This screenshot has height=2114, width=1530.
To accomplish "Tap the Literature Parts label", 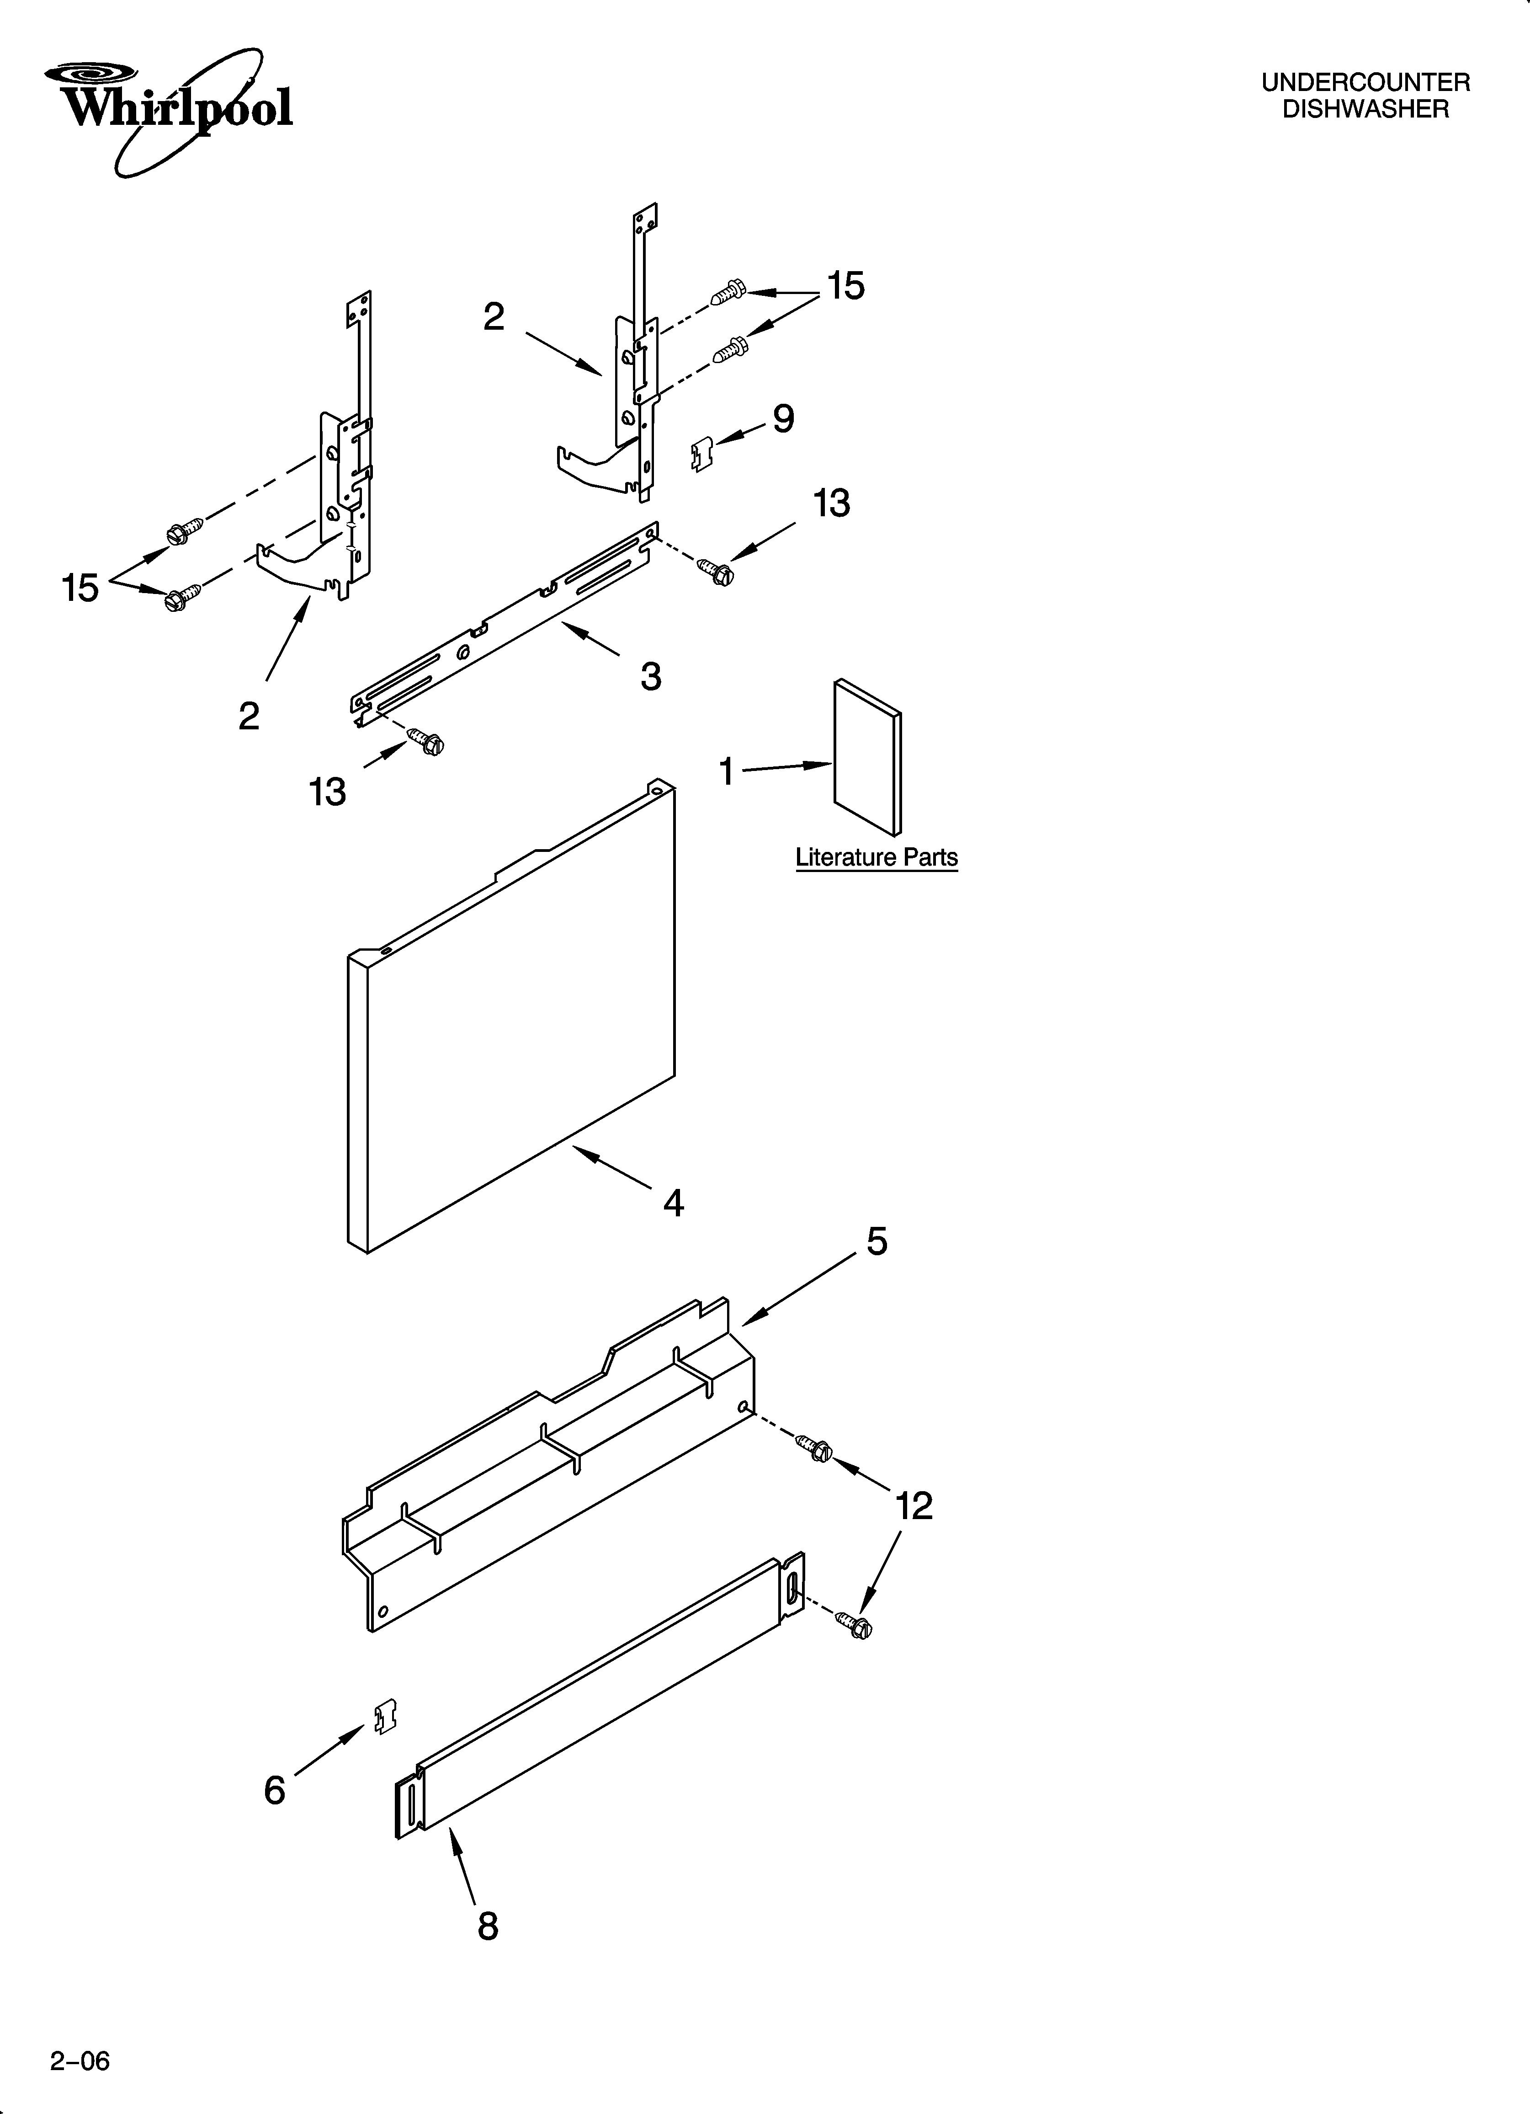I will coord(876,857).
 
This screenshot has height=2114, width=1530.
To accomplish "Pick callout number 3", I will coord(650,676).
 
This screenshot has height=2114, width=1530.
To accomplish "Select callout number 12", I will coord(913,1506).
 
